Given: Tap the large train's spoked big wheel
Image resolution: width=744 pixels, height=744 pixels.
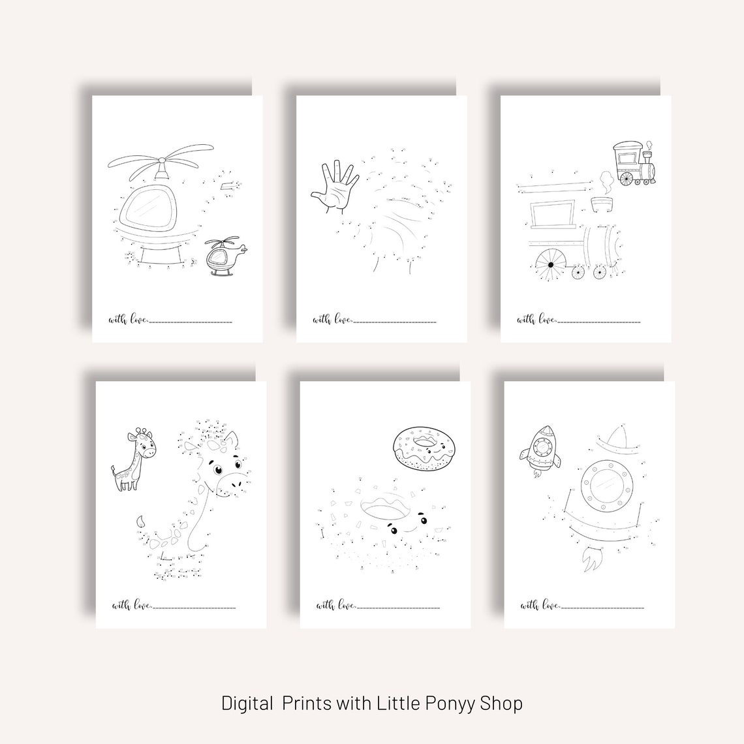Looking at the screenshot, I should click(551, 264).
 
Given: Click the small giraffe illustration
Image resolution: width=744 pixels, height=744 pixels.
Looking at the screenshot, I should click(135, 458).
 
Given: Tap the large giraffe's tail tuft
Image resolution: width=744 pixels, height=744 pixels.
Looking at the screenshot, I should click(140, 521).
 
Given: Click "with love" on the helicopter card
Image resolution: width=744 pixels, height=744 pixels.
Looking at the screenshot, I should click(129, 320).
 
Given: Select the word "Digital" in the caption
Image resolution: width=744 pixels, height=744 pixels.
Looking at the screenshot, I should click(247, 704).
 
